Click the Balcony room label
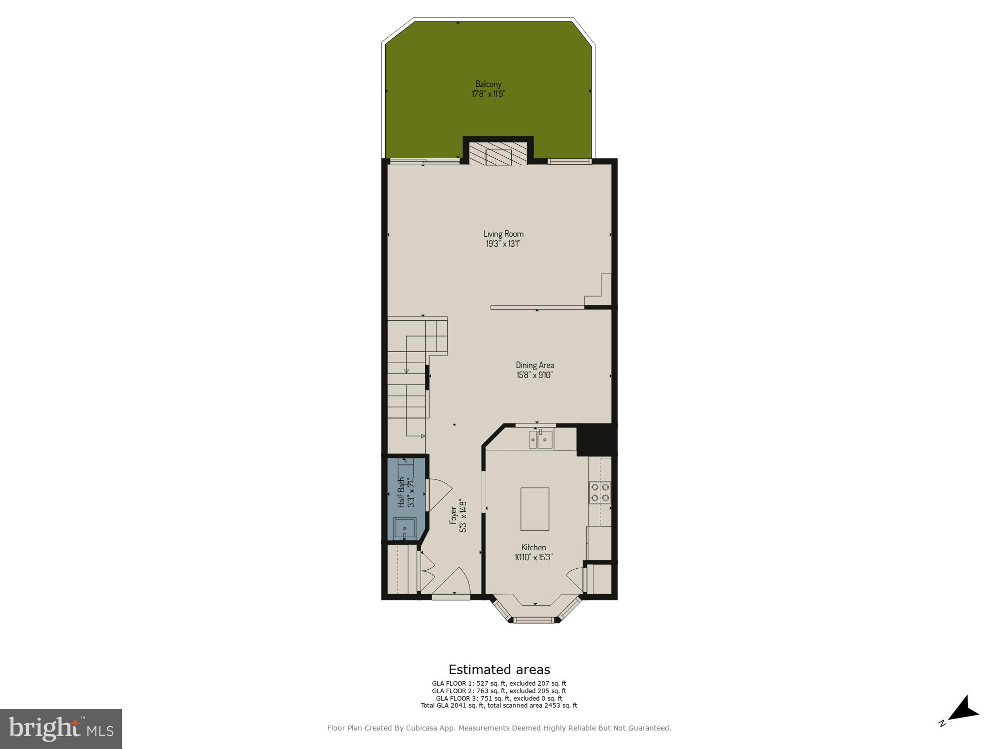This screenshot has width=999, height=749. pyautogui.click(x=488, y=84)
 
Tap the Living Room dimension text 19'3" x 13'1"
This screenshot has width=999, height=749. pyautogui.click(x=503, y=244)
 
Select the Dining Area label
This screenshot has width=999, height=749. pyautogui.click(x=534, y=365)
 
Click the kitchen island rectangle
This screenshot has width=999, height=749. pyautogui.click(x=534, y=509)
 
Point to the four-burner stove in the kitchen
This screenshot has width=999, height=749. pyautogui.click(x=599, y=491)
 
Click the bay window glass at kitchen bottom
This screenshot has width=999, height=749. pyautogui.click(x=534, y=620)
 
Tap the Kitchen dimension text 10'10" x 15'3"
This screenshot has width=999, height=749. pyautogui.click(x=533, y=557)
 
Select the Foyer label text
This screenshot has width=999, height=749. pyautogui.click(x=453, y=515)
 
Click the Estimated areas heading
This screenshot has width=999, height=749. pyautogui.click(x=499, y=670)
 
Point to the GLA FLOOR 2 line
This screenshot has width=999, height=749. pyautogui.click(x=499, y=691)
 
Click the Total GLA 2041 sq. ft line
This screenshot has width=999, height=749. pyautogui.click(x=499, y=705)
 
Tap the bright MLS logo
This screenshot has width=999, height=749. pyautogui.click(x=61, y=729)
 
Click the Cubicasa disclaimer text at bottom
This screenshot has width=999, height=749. pyautogui.click(x=499, y=728)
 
